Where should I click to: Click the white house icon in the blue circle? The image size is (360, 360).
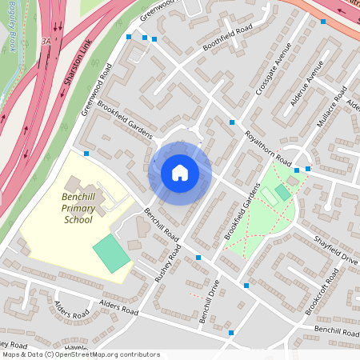(x=180, y=172)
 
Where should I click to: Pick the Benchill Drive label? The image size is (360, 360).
(x=210, y=296)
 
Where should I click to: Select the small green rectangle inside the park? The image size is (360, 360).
(x=282, y=194)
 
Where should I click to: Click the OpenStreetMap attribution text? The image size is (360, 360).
(x=80, y=354)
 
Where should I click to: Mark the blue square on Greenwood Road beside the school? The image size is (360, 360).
(x=86, y=154)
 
